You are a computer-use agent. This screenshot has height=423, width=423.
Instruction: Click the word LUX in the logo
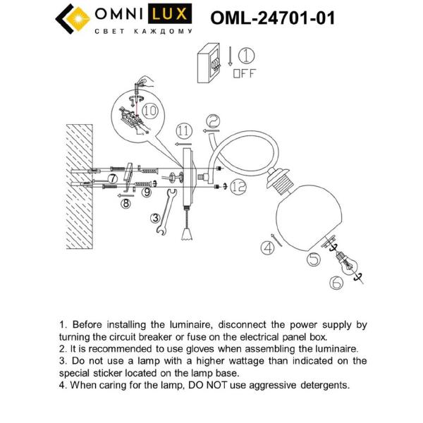(x=168, y=15)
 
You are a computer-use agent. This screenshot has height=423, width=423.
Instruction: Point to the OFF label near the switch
(x=244, y=73)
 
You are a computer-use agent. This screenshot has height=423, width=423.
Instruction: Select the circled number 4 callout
(x=267, y=247)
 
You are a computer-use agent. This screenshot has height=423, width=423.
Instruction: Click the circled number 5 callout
(x=314, y=258)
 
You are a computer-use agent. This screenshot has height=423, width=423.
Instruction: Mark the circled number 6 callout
(x=336, y=283)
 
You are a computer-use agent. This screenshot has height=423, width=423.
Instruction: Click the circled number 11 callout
(x=183, y=130)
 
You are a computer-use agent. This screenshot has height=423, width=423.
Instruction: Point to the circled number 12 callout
(x=238, y=186)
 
